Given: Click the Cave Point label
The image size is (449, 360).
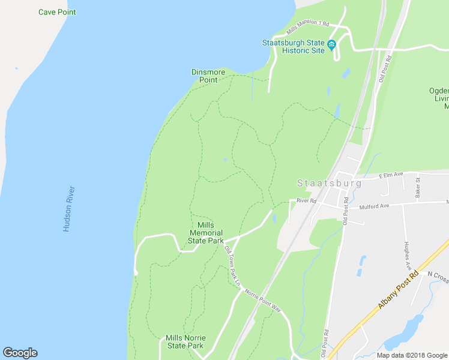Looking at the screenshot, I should tap(57, 12).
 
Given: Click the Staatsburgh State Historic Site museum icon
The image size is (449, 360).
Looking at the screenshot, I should tap(331, 44).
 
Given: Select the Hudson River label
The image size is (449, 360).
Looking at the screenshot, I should tap(68, 209).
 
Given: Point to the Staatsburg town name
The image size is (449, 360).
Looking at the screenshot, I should tap(330, 183).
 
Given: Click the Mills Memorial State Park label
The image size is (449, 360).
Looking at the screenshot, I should tap(206, 233).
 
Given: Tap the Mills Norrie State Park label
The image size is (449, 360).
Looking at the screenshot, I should tap(184, 341).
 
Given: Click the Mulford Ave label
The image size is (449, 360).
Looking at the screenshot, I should tap(375, 206).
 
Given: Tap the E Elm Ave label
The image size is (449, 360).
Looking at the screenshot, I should tap(393, 176).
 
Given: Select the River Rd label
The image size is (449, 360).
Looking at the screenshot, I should tap(306, 200).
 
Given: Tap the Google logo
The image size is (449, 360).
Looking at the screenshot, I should tap(20, 353).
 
